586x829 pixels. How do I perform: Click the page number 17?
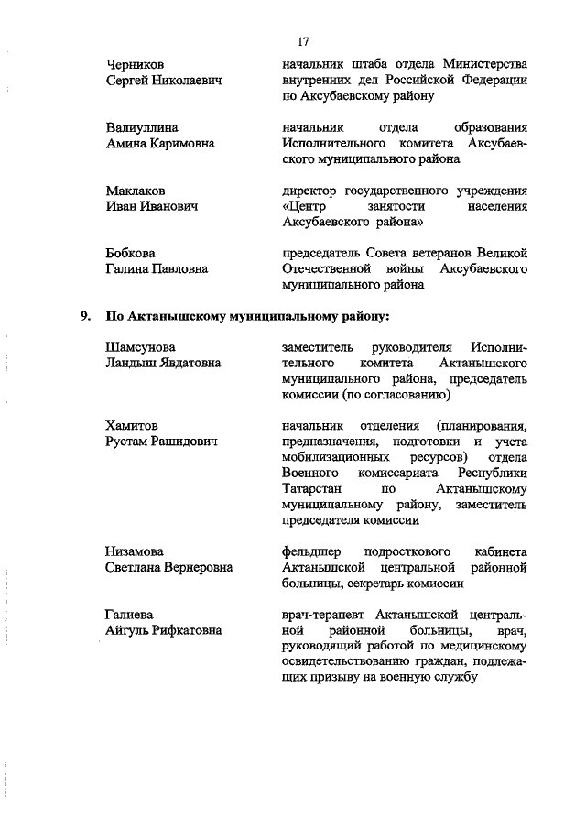[x=304, y=41]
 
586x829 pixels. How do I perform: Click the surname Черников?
[x=136, y=64]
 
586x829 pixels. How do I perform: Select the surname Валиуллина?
[x=142, y=127]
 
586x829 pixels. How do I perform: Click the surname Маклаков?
[x=136, y=191]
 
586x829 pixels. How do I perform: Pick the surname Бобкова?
[x=131, y=254]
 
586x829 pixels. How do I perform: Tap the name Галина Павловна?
[x=157, y=269]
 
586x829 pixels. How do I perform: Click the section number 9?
[x=84, y=317]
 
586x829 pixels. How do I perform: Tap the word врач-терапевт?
[x=327, y=615]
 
